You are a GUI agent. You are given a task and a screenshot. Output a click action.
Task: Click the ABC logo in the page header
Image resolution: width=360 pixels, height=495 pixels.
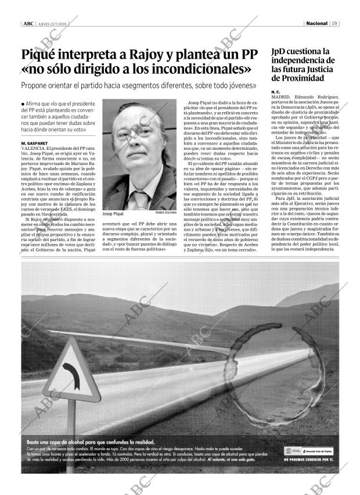[x=27, y=24]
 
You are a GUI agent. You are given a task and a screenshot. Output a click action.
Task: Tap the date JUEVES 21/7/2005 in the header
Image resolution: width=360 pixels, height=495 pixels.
[x=53, y=24]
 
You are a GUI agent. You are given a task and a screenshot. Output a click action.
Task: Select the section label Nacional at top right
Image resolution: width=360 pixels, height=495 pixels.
[x=317, y=24]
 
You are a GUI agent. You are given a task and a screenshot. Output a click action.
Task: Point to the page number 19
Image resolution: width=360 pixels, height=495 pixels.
[x=336, y=24]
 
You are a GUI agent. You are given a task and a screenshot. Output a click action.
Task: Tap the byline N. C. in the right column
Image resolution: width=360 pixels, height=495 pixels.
[x=275, y=92]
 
